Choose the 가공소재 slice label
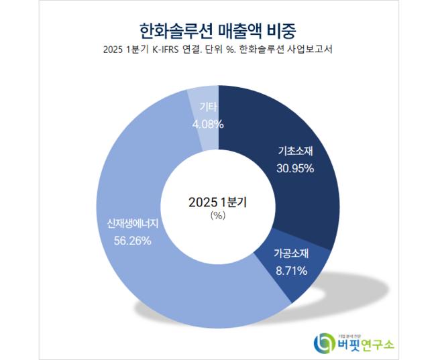pos(290,255)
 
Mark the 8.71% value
pos(290,271)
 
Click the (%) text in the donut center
pos(217,216)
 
